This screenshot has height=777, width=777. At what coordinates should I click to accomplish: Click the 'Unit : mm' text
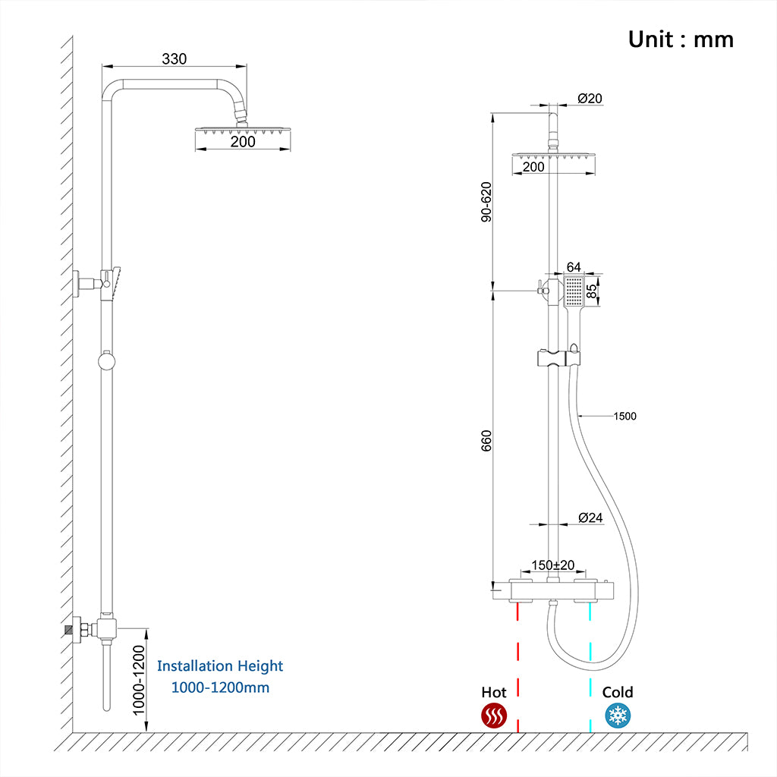(x=681, y=39)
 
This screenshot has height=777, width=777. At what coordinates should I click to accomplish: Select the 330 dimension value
(x=174, y=59)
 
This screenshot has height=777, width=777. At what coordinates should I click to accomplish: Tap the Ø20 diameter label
(x=590, y=98)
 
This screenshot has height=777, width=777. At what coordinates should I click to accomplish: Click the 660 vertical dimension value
(x=486, y=442)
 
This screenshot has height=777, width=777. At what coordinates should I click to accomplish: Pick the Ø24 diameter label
(x=590, y=517)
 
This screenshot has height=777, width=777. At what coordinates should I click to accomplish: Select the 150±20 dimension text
(x=552, y=565)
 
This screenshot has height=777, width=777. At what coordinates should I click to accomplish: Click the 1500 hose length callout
(x=625, y=416)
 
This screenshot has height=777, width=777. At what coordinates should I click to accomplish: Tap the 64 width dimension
(x=574, y=267)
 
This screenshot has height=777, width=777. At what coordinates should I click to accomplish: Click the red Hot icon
(x=494, y=716)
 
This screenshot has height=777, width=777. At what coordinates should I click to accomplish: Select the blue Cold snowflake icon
(x=617, y=716)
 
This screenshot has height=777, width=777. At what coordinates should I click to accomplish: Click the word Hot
(x=494, y=692)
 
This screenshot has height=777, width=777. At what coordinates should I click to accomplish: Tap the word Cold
(x=618, y=692)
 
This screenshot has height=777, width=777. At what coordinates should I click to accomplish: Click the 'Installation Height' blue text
(x=220, y=666)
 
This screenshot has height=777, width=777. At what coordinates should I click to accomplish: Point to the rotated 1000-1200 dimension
(x=139, y=681)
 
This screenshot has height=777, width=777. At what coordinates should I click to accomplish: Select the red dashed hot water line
(x=517, y=668)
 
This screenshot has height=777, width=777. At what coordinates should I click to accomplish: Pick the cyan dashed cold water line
(x=590, y=668)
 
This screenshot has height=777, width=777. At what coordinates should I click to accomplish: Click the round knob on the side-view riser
(x=107, y=361)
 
